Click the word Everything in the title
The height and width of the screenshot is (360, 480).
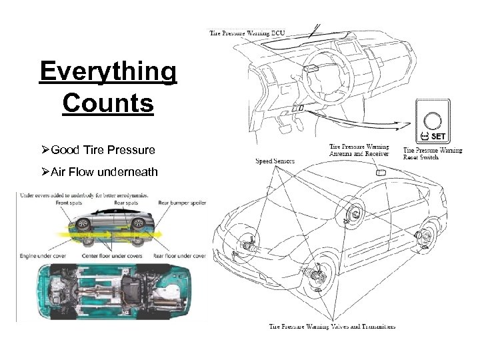pyautogui.click(x=108, y=73)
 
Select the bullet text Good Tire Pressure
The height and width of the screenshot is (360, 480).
pyautogui.click(x=103, y=150)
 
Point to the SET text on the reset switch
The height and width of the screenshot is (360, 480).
pyautogui.click(x=437, y=136)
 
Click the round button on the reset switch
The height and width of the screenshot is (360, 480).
pyautogui.click(x=433, y=120)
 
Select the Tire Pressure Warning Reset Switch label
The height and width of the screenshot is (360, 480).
pyautogui.click(x=433, y=154)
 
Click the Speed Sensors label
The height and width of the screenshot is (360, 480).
pyautogui.click(x=275, y=161)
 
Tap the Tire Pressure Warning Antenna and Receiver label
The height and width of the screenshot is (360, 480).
pyautogui.click(x=359, y=150)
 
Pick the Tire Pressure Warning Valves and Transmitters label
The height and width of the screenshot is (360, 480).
pyautogui.click(x=332, y=326)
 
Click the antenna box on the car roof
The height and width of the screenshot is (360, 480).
pyautogui.click(x=381, y=172)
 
